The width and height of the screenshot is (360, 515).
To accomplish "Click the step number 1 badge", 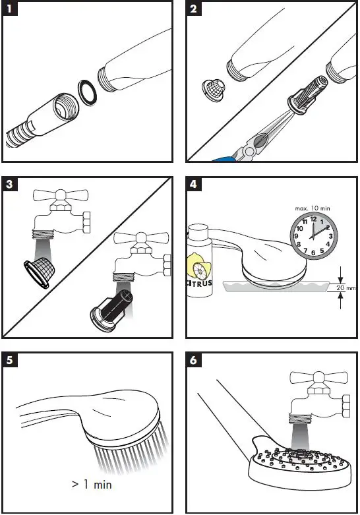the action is [x=9, y=9].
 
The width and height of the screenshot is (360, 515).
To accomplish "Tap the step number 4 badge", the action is [x=193, y=184].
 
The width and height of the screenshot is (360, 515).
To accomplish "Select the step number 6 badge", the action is [x=193, y=360].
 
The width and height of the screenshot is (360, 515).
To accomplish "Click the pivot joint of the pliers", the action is [x=249, y=150].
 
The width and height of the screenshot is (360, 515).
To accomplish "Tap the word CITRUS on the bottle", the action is [x=200, y=283].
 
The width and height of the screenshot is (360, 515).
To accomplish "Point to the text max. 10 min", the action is [x=313, y=208].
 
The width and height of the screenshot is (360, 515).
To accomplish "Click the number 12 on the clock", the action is [x=313, y=219].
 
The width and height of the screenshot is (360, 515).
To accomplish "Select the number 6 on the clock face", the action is [x=313, y=253].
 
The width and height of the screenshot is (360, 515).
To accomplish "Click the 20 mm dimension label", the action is [x=345, y=288].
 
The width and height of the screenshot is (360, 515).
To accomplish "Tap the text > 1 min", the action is [x=92, y=484].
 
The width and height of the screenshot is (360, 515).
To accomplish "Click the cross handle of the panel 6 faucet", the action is [x=319, y=377].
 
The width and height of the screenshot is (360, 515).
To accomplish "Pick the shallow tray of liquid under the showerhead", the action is [x=275, y=286].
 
